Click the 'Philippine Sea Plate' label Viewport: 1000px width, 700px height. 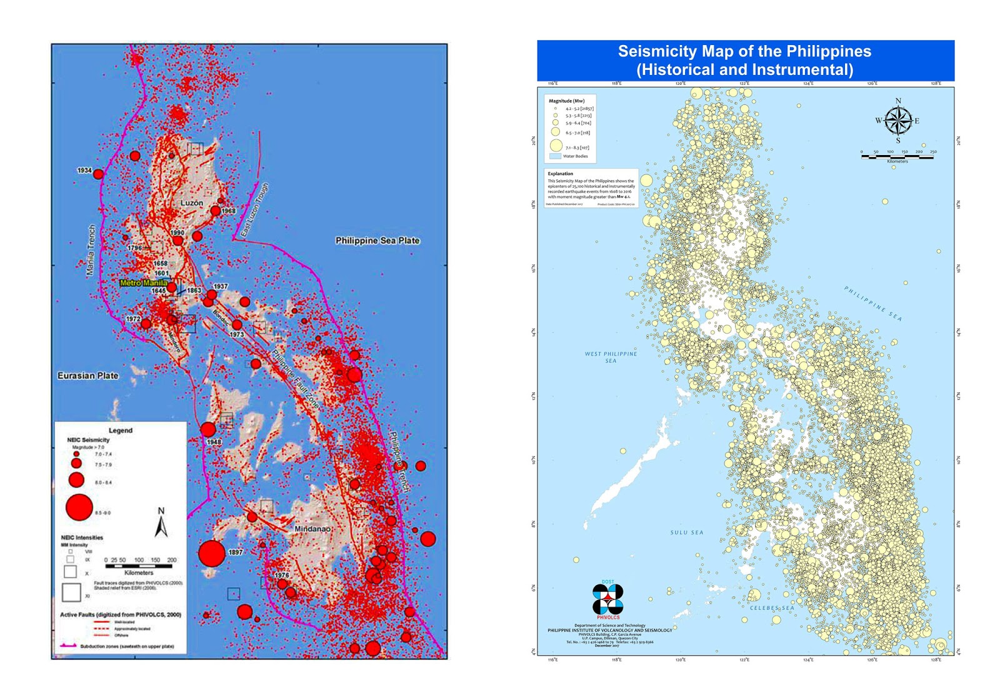(377, 241)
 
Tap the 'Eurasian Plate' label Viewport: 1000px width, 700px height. (87, 376)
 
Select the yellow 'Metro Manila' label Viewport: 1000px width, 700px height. (143, 283)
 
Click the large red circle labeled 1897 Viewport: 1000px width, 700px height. (212, 554)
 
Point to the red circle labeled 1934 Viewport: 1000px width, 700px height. (98, 174)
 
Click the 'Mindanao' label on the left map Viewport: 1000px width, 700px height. (312, 529)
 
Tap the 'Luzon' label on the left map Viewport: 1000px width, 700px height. (191, 203)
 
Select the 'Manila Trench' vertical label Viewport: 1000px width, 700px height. (91, 251)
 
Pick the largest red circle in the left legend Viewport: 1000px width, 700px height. (79, 507)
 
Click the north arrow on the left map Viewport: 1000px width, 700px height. (161, 523)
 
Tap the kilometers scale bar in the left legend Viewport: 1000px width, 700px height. (138, 566)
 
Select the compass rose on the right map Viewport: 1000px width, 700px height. (898, 121)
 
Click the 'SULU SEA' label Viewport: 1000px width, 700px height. (686, 532)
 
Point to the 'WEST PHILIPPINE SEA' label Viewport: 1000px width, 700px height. (611, 357)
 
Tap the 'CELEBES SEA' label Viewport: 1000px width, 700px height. (771, 607)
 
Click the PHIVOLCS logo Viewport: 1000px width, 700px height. (607, 599)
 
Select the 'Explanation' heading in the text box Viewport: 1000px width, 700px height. (560, 174)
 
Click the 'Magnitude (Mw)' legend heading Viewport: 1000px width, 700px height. (566, 101)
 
